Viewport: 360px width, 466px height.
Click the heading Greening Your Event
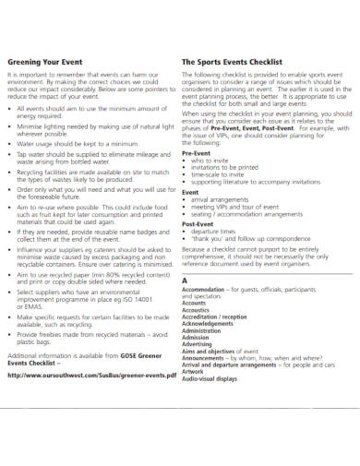coord(44,61)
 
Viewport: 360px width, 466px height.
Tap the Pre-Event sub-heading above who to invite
coord(198,154)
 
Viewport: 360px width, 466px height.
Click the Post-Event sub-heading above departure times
coord(199,224)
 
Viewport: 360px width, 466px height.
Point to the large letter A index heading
coord(186,279)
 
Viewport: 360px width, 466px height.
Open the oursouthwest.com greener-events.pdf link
coord(92,376)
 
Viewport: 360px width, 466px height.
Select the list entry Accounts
coord(195,303)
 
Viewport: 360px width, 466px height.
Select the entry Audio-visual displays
coord(210,378)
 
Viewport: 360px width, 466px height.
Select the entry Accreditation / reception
coord(215,317)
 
